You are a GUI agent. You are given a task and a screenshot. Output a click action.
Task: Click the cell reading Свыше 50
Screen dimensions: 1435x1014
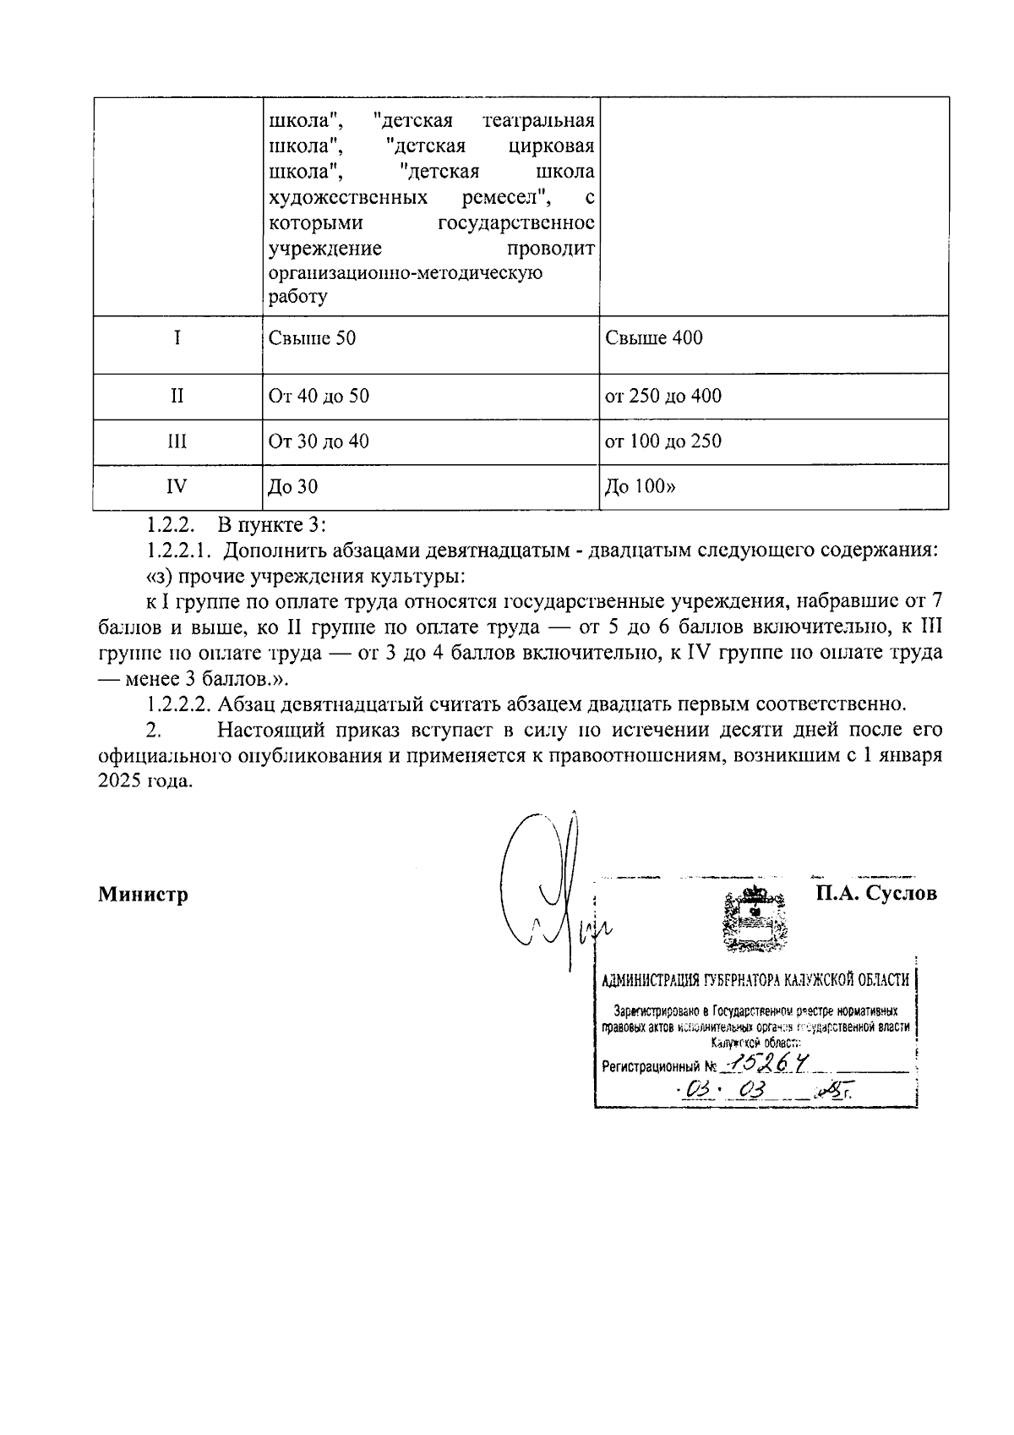312,338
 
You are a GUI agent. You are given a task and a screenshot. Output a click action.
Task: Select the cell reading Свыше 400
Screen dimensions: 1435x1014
653,338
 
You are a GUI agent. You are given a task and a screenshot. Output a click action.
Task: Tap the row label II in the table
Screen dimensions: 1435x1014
177,396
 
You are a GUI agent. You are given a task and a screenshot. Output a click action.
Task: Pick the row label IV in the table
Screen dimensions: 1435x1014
177,486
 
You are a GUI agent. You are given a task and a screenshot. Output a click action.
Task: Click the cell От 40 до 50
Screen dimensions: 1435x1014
318,396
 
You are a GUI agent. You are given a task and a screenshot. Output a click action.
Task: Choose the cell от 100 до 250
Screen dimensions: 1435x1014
662,441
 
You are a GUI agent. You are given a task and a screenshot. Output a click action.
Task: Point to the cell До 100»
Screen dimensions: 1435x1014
640,486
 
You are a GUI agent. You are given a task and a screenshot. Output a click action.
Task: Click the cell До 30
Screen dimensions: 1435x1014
292,486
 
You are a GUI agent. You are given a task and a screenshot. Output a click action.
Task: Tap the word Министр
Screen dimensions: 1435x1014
143,894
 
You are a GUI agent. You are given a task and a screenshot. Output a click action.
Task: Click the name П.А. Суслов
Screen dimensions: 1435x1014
875,893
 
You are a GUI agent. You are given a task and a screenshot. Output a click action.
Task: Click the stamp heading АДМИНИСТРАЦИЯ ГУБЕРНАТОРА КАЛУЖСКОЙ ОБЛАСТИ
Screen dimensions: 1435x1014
755,980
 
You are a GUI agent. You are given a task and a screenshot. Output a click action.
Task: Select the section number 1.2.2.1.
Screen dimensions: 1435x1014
176,550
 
